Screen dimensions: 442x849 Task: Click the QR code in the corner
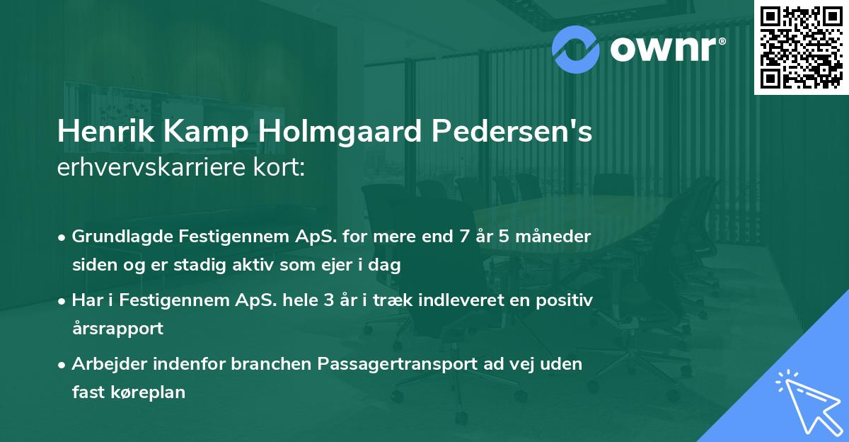coord(802,47)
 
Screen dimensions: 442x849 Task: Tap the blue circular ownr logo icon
coord(576,47)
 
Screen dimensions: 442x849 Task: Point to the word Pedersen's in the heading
coord(507,132)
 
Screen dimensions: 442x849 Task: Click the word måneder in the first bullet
coord(557,236)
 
